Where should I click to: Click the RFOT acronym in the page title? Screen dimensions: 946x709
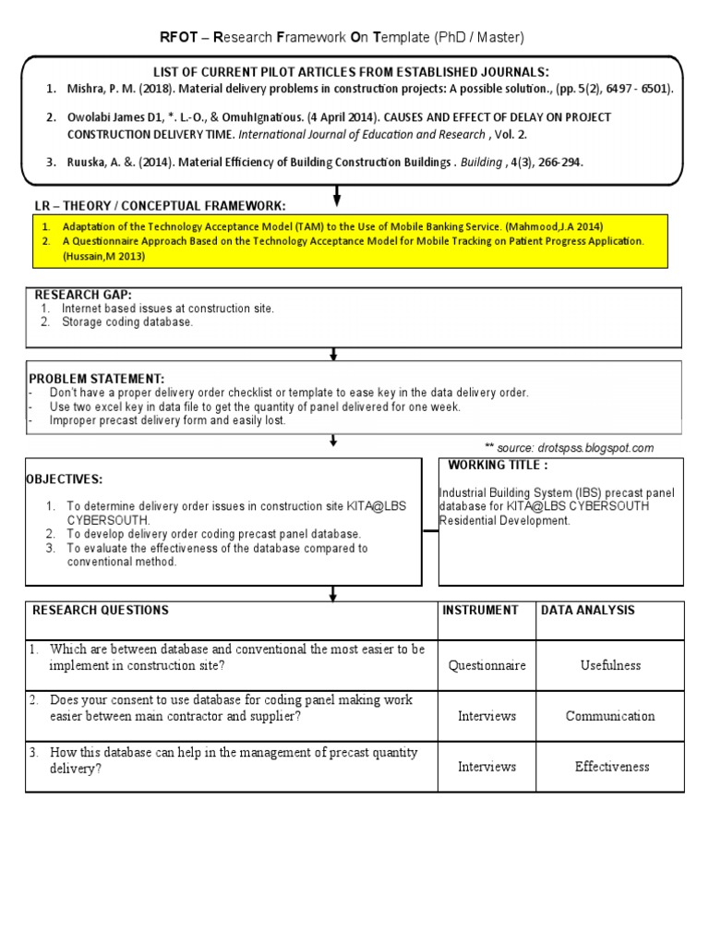tap(178, 38)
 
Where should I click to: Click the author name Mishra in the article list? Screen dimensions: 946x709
tap(82, 90)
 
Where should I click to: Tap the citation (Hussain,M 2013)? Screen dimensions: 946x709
tap(104, 257)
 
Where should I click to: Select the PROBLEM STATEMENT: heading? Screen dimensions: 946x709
tap(96, 379)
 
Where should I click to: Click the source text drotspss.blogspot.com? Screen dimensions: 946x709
tap(601, 448)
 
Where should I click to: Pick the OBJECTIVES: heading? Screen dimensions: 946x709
tap(64, 479)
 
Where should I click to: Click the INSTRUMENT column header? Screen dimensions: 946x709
tap(480, 611)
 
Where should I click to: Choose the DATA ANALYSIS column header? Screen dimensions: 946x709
tap(587, 611)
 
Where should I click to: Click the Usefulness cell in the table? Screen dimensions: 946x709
tap(610, 665)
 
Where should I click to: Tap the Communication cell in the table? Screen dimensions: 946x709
tap(610, 716)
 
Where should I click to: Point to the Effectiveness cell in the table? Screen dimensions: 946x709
tap(611, 767)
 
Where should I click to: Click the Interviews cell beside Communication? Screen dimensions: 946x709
tap(487, 716)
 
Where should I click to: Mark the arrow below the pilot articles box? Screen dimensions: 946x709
tap(337, 195)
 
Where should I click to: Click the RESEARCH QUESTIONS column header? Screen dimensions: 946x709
tap(101, 611)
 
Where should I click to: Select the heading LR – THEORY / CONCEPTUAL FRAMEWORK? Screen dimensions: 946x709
tap(160, 205)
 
